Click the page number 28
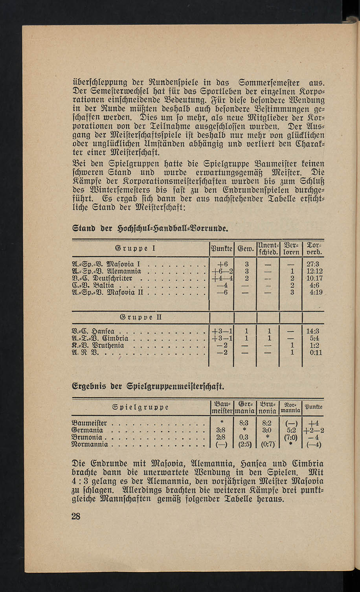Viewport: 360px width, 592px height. click(x=76, y=516)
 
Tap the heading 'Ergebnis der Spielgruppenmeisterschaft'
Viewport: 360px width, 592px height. click(x=149, y=387)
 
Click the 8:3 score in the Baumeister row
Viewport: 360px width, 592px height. click(x=244, y=423)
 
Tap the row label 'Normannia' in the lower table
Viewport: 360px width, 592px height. click(x=90, y=445)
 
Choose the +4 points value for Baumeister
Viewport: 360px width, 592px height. click(x=314, y=423)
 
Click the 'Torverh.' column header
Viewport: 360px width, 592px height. click(x=313, y=248)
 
